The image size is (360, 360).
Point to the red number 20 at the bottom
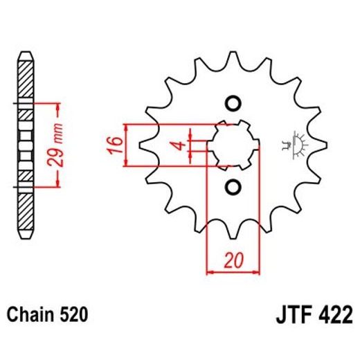pyautogui.click(x=233, y=261)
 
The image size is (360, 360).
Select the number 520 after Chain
pyautogui.click(x=73, y=315)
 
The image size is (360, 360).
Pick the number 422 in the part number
pyautogui.click(x=333, y=315)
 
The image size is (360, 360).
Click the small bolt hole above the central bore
pyautogui.click(x=233, y=104)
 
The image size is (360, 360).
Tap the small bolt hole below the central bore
pyautogui.click(x=233, y=187)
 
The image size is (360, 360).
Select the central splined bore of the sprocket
pyautogui.click(x=233, y=145)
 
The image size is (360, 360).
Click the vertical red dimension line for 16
pyautogui.click(x=126, y=145)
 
